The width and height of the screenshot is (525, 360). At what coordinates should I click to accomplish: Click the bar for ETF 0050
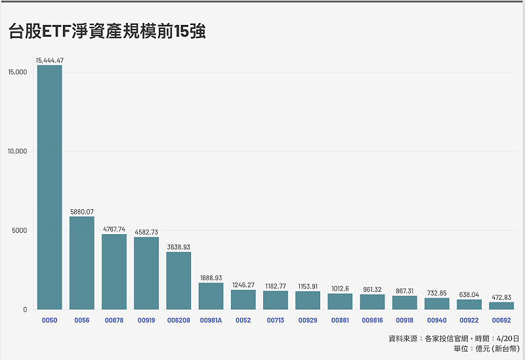point(50,187)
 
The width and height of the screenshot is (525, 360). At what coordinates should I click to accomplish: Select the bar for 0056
point(82,263)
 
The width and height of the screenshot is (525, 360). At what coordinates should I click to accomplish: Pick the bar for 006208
point(178,281)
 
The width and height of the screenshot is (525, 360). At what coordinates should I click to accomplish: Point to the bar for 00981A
point(211,296)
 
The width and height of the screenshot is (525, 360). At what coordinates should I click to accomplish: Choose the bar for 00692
point(501,306)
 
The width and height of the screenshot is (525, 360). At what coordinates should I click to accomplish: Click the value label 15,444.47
point(50,60)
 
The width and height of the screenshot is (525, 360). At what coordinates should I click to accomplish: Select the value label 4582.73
point(146,232)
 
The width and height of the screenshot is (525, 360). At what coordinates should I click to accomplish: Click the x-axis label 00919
point(146,320)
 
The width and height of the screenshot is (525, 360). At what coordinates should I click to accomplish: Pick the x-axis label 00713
point(276,320)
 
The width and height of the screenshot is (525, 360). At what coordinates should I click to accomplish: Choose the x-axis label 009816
point(372,320)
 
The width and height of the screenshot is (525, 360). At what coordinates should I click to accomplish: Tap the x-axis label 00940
point(436,320)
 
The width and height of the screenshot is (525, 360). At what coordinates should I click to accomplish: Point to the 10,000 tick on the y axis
point(16,151)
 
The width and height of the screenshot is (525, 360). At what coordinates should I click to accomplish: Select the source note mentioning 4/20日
point(453,338)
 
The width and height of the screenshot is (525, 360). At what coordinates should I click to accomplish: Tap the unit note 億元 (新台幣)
point(486,349)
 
